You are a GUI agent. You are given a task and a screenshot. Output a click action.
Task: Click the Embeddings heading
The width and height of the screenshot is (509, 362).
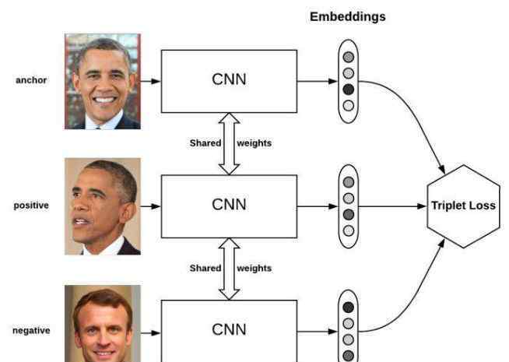point(348,16)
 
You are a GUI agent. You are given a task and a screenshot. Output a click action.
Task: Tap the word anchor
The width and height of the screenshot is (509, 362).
point(31,80)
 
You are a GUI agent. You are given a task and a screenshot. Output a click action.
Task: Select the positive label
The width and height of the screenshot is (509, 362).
point(31,206)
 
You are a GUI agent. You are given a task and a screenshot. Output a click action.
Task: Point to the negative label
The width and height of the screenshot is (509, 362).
point(31,331)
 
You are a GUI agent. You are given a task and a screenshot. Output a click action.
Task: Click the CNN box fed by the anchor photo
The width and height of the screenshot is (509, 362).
point(229,81)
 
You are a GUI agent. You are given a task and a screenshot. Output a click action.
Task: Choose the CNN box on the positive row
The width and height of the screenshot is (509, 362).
point(229,206)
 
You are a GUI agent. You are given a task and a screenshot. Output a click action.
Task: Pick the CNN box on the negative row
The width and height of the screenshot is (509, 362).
point(229,331)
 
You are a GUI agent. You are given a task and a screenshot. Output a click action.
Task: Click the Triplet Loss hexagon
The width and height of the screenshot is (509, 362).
point(463,206)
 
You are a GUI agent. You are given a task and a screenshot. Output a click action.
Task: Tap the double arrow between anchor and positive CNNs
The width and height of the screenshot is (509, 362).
point(229,144)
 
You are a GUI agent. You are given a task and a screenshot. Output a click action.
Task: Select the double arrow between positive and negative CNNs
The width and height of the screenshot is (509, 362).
point(229,269)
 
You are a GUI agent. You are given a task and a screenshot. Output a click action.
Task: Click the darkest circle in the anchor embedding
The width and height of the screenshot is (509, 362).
point(349,90)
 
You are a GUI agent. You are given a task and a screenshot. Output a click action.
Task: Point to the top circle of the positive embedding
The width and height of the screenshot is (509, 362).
point(349,182)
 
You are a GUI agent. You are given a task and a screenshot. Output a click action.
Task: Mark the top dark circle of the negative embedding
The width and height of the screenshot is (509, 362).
point(349,308)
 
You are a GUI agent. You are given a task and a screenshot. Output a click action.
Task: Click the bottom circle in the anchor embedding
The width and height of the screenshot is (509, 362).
point(349,106)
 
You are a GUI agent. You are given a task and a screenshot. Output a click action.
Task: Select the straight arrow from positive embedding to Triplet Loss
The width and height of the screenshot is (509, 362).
point(392,206)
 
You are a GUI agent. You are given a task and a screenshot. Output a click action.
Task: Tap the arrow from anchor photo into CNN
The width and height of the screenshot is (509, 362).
point(151,81)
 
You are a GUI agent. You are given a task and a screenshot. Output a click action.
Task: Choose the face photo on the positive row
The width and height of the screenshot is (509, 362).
point(103,206)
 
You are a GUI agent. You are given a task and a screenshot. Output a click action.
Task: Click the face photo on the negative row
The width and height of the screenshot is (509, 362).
point(103,324)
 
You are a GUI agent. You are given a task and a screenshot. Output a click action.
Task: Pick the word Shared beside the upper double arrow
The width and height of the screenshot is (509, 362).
point(205,143)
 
